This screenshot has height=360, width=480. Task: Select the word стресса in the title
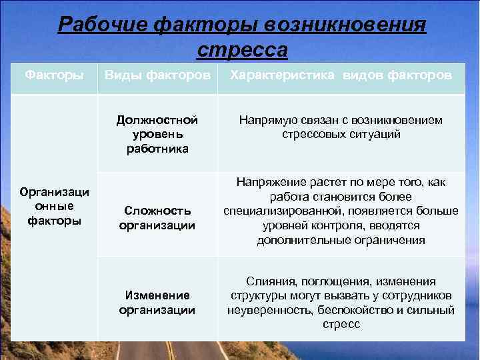243,50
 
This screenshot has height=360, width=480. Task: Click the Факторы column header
54,75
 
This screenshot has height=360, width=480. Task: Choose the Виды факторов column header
157,75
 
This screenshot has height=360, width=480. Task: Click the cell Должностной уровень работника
157,134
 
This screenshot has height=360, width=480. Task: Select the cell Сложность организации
157,218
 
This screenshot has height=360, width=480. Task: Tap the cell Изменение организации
157,302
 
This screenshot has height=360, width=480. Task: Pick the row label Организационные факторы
55,206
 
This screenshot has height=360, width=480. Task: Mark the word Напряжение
267,182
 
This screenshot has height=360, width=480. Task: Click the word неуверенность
265,310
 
